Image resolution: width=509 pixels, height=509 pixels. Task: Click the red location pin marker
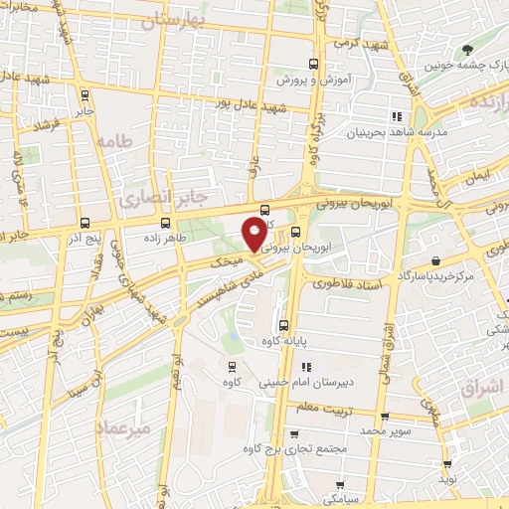[254, 234]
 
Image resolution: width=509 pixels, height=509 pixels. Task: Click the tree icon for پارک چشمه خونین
[464, 49]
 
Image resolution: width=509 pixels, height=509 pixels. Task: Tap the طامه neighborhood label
[113, 141]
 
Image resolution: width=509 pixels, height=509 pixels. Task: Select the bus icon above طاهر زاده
[165, 223]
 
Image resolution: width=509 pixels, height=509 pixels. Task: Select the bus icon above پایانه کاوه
[284, 325]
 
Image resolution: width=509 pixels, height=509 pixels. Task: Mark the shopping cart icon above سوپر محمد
[385, 418]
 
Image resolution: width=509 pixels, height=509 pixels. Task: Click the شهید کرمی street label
[356, 44]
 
